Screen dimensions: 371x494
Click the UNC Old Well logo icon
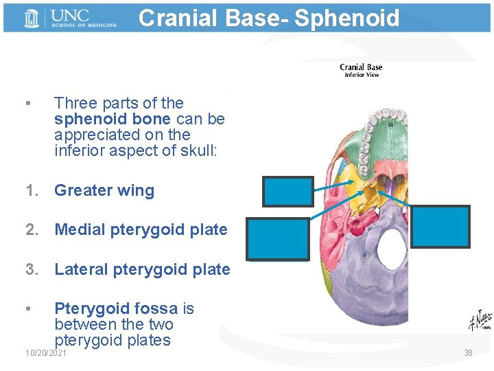click(32, 19)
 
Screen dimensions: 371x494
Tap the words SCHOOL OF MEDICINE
click(82, 25)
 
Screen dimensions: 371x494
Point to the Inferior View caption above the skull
click(361, 75)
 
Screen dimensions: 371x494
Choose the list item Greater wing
click(104, 190)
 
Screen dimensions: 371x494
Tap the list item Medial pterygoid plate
click(141, 229)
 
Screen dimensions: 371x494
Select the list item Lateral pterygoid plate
click(142, 269)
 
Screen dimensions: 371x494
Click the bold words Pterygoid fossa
click(116, 309)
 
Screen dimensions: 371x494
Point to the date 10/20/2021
click(46, 353)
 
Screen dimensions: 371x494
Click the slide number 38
click(468, 353)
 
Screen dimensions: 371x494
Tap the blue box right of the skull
click(441, 227)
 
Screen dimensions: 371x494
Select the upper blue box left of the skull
click(288, 192)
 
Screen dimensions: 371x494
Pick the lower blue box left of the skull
click(278, 238)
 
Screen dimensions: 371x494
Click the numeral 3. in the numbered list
click(32, 269)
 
